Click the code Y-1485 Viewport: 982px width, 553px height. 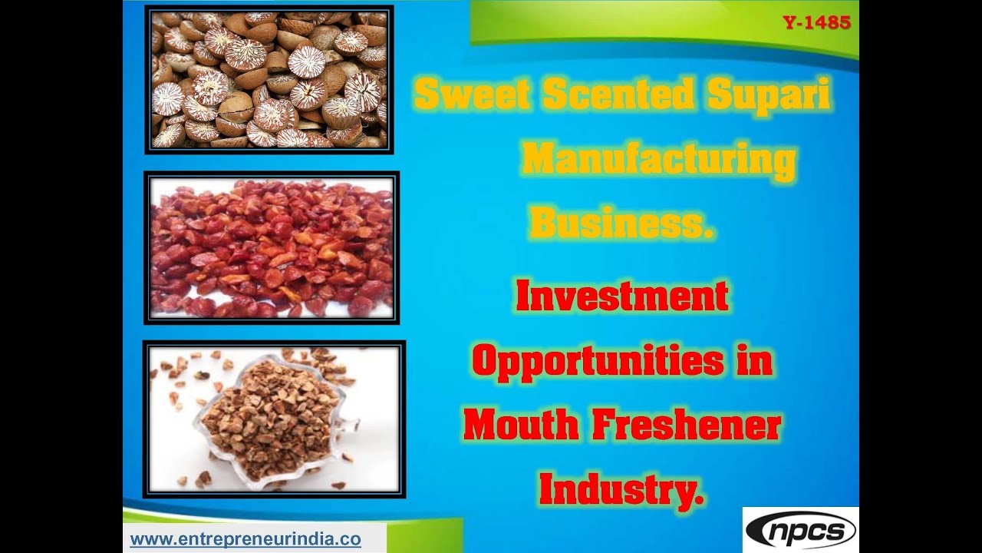[x=816, y=23]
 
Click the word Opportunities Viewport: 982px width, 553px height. [x=598, y=359]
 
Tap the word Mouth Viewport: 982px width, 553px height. [x=521, y=426]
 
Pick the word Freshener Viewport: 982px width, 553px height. [x=685, y=426]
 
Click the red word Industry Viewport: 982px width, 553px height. [x=618, y=488]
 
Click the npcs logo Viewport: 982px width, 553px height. [x=800, y=531]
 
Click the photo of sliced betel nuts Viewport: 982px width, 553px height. [x=269, y=79]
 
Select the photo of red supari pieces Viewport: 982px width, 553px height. [x=272, y=248]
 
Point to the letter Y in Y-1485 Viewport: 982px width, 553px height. [x=789, y=23]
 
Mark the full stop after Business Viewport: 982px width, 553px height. [x=707, y=235]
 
